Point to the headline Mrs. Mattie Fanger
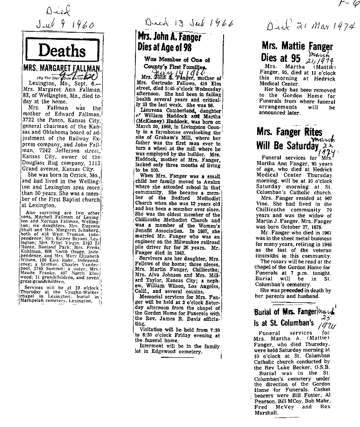(x=297, y=47)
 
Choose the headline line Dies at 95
(x=281, y=58)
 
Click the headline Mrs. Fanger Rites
(x=289, y=132)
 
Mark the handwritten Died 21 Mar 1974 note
(x=310, y=26)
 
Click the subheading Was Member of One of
(x=177, y=60)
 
